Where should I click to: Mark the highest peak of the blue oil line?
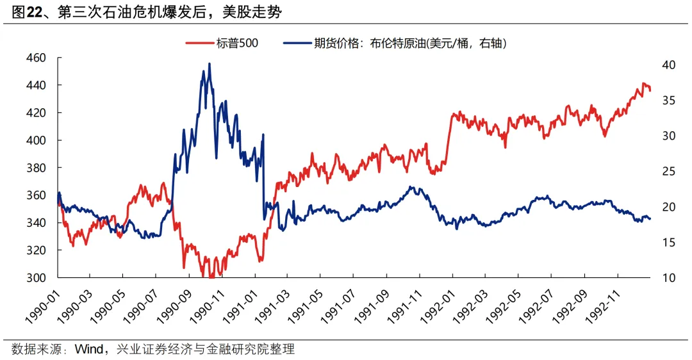[210, 63]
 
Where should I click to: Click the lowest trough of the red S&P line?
[211, 277]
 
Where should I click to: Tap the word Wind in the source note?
[88, 349]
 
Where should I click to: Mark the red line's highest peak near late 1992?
[643, 83]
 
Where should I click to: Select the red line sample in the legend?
[199, 44]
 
